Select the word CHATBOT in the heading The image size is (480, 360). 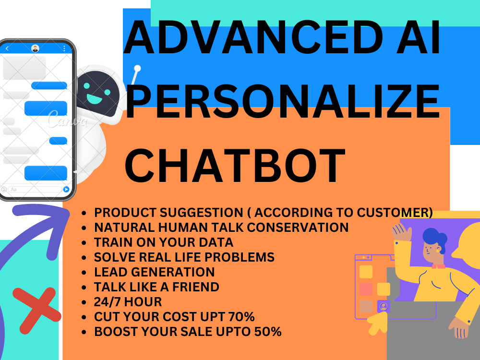[x=235, y=166]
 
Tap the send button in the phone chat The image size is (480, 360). [x=66, y=190]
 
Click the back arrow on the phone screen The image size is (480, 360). [x=7, y=48]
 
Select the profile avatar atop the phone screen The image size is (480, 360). [x=35, y=48]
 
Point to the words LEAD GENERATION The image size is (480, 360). [x=154, y=272]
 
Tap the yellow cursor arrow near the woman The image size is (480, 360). [x=377, y=324]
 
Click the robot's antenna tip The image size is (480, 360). [x=138, y=68]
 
